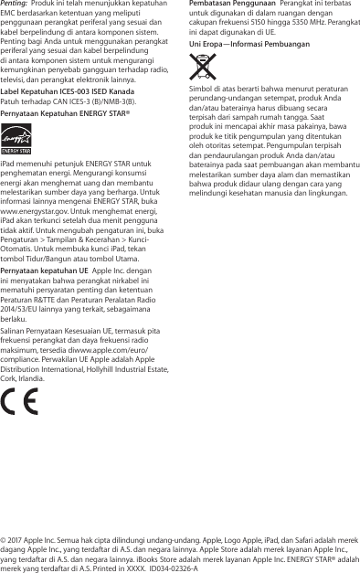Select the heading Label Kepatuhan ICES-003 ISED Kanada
pyautogui.click(x=69, y=91)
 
